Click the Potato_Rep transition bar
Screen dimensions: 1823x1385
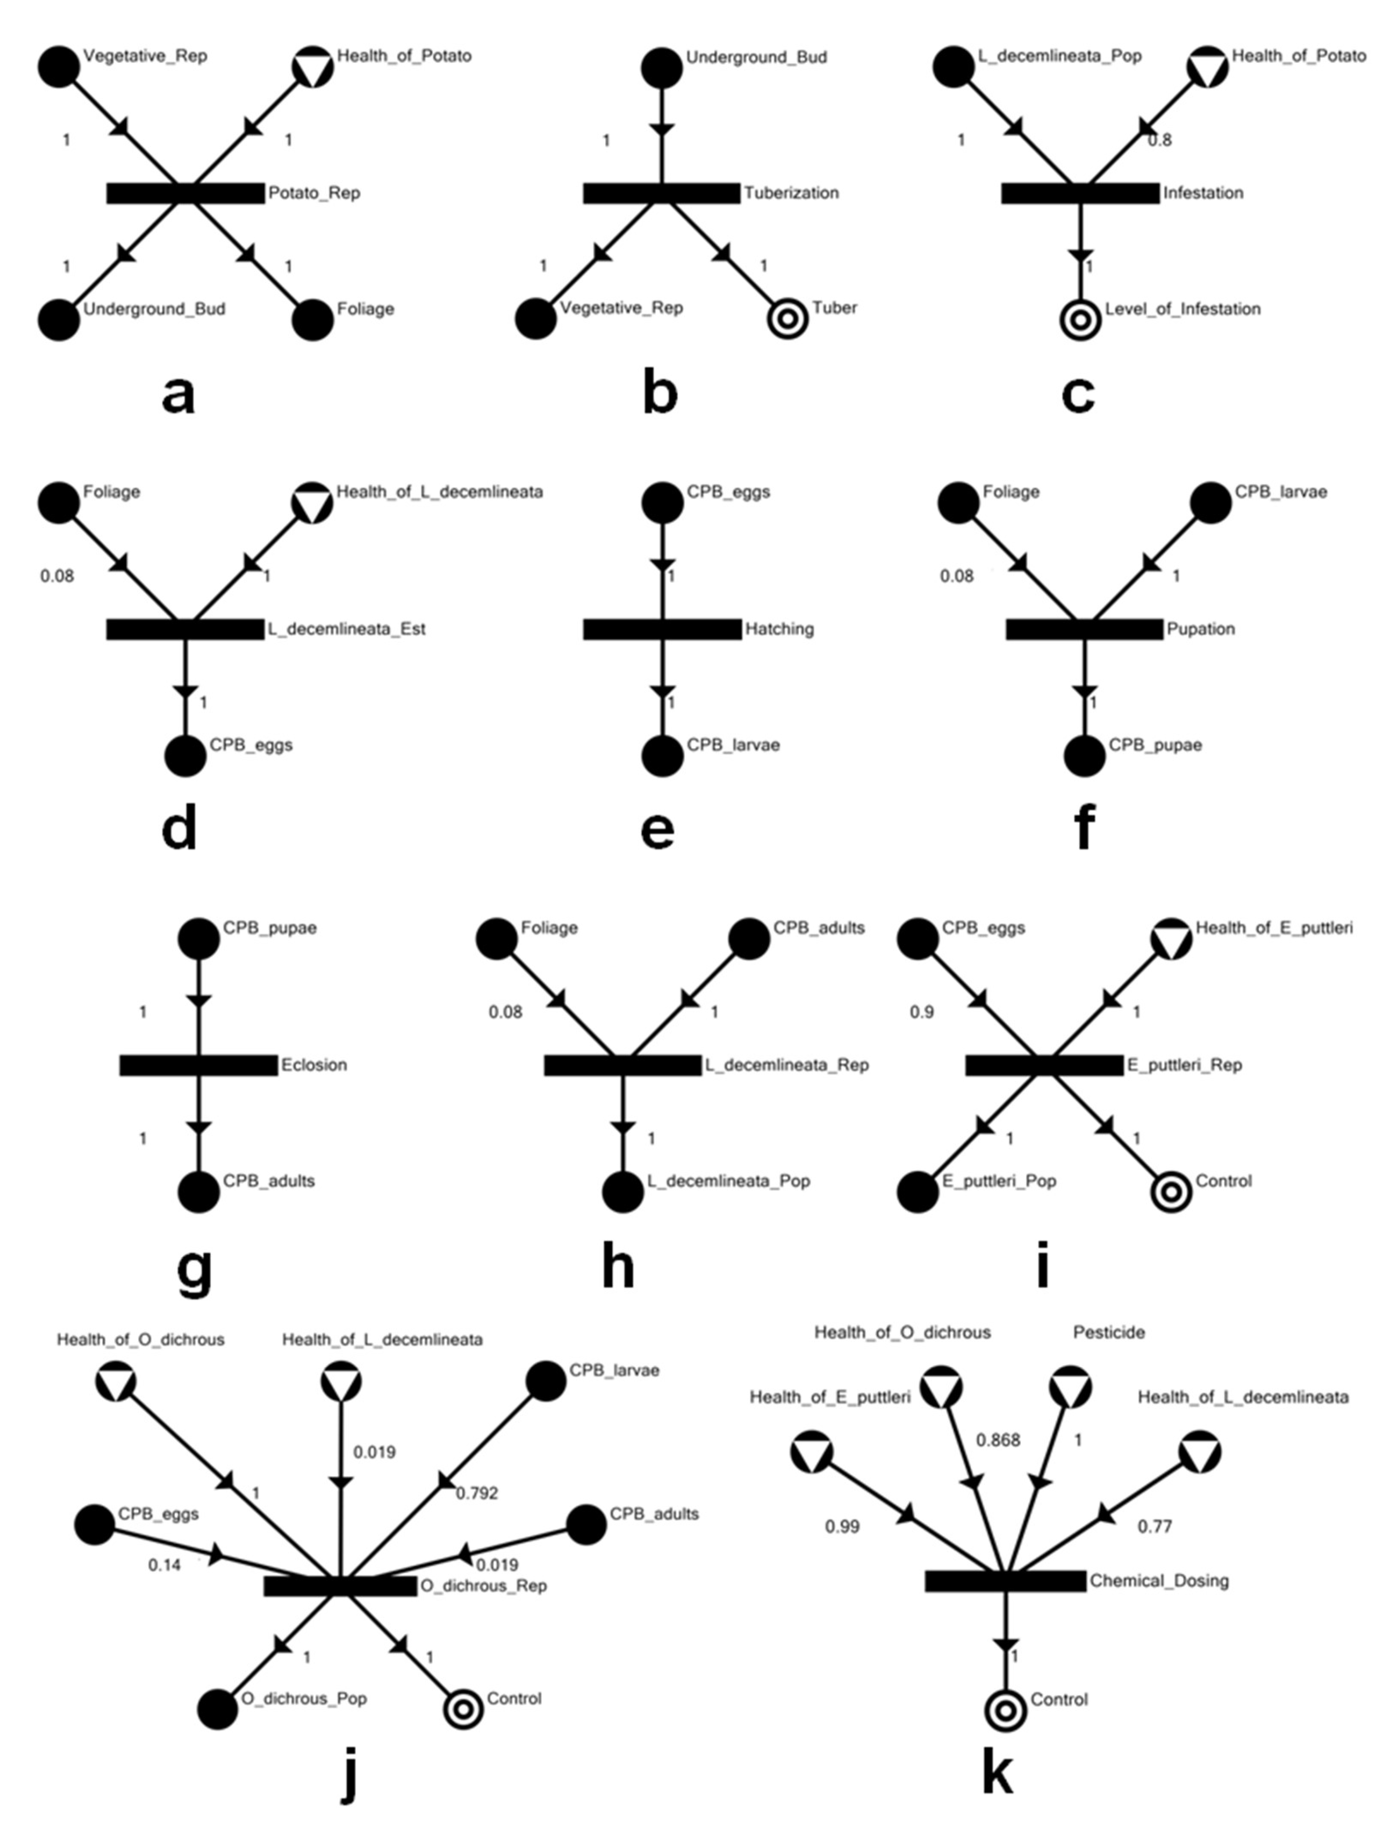pyautogui.click(x=185, y=193)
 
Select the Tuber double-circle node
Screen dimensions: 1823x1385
pyautogui.click(x=788, y=319)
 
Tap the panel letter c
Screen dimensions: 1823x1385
pyautogui.click(x=1078, y=394)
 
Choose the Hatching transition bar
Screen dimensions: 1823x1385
pyautogui.click(x=662, y=629)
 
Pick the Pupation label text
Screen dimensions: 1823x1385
pyautogui.click(x=1200, y=629)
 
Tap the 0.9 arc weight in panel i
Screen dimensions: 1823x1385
pyautogui.click(x=922, y=1012)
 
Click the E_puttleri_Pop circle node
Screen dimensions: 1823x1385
pyautogui.click(x=917, y=1192)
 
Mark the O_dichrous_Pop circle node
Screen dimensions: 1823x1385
pyautogui.click(x=218, y=1709)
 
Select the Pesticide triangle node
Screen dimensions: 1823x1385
pyautogui.click(x=1070, y=1386)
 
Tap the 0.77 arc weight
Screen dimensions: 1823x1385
pyautogui.click(x=1154, y=1527)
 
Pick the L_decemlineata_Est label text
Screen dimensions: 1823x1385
pyautogui.click(x=346, y=629)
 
